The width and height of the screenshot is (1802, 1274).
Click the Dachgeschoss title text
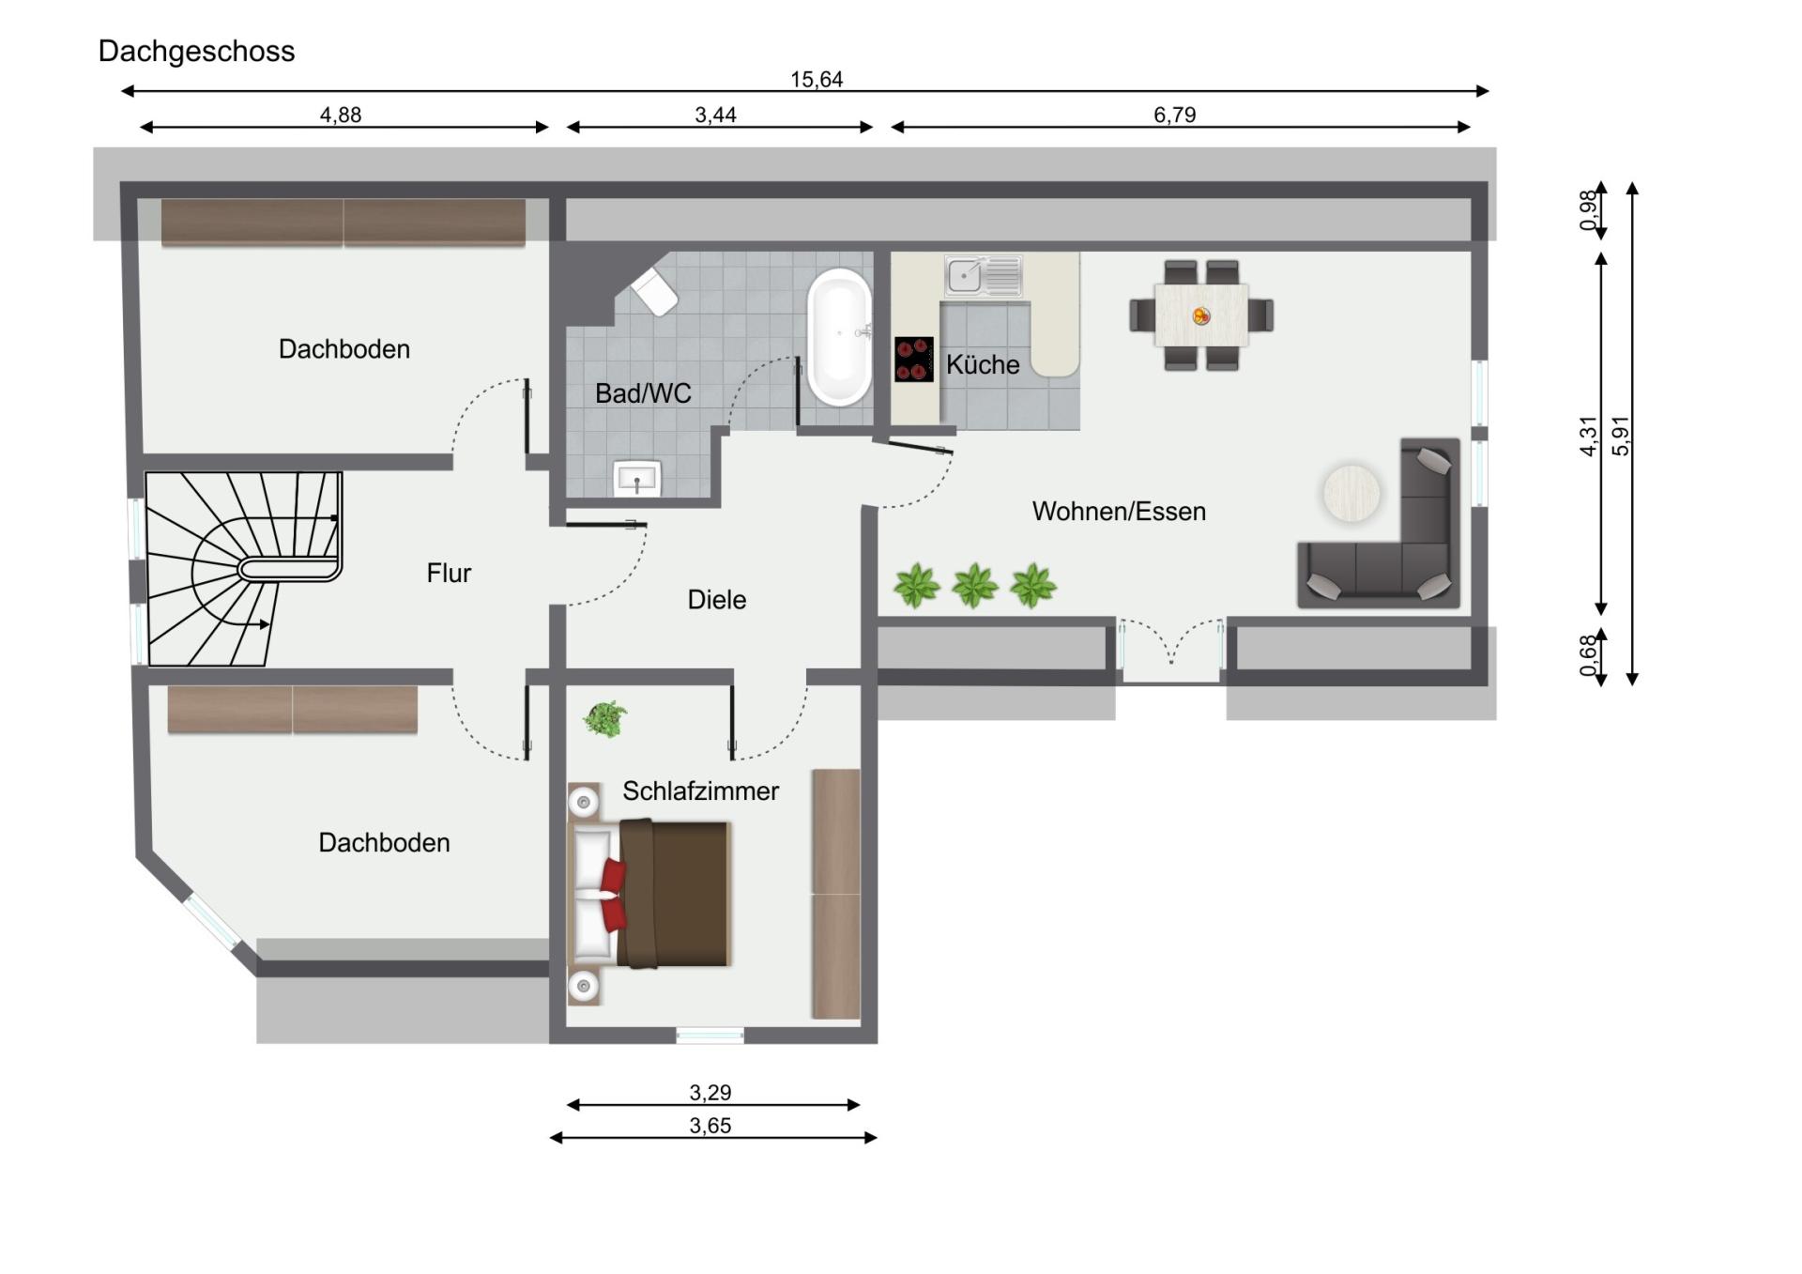pos(196,51)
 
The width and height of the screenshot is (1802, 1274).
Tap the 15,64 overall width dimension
pos(816,80)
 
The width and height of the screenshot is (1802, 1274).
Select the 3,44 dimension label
pos(715,115)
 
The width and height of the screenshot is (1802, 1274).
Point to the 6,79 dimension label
pos(1174,115)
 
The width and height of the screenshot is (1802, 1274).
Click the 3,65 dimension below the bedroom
pos(710,1126)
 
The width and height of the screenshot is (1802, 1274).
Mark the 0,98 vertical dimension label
pos(1588,210)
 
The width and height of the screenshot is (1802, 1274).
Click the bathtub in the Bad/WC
pos(839,336)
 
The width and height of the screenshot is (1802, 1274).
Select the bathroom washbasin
pos(637,479)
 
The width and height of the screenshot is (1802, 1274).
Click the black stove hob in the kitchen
pos(913,360)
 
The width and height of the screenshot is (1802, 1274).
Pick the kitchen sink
pos(983,276)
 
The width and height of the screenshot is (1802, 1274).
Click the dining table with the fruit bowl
pos(1201,315)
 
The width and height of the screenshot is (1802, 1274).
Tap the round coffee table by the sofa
pos(1351,493)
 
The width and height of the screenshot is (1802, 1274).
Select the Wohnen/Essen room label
pos(1119,512)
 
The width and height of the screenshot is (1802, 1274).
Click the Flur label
pos(449,574)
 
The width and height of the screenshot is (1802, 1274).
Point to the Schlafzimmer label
pos(700,791)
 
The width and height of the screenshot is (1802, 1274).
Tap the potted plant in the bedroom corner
pos(605,719)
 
